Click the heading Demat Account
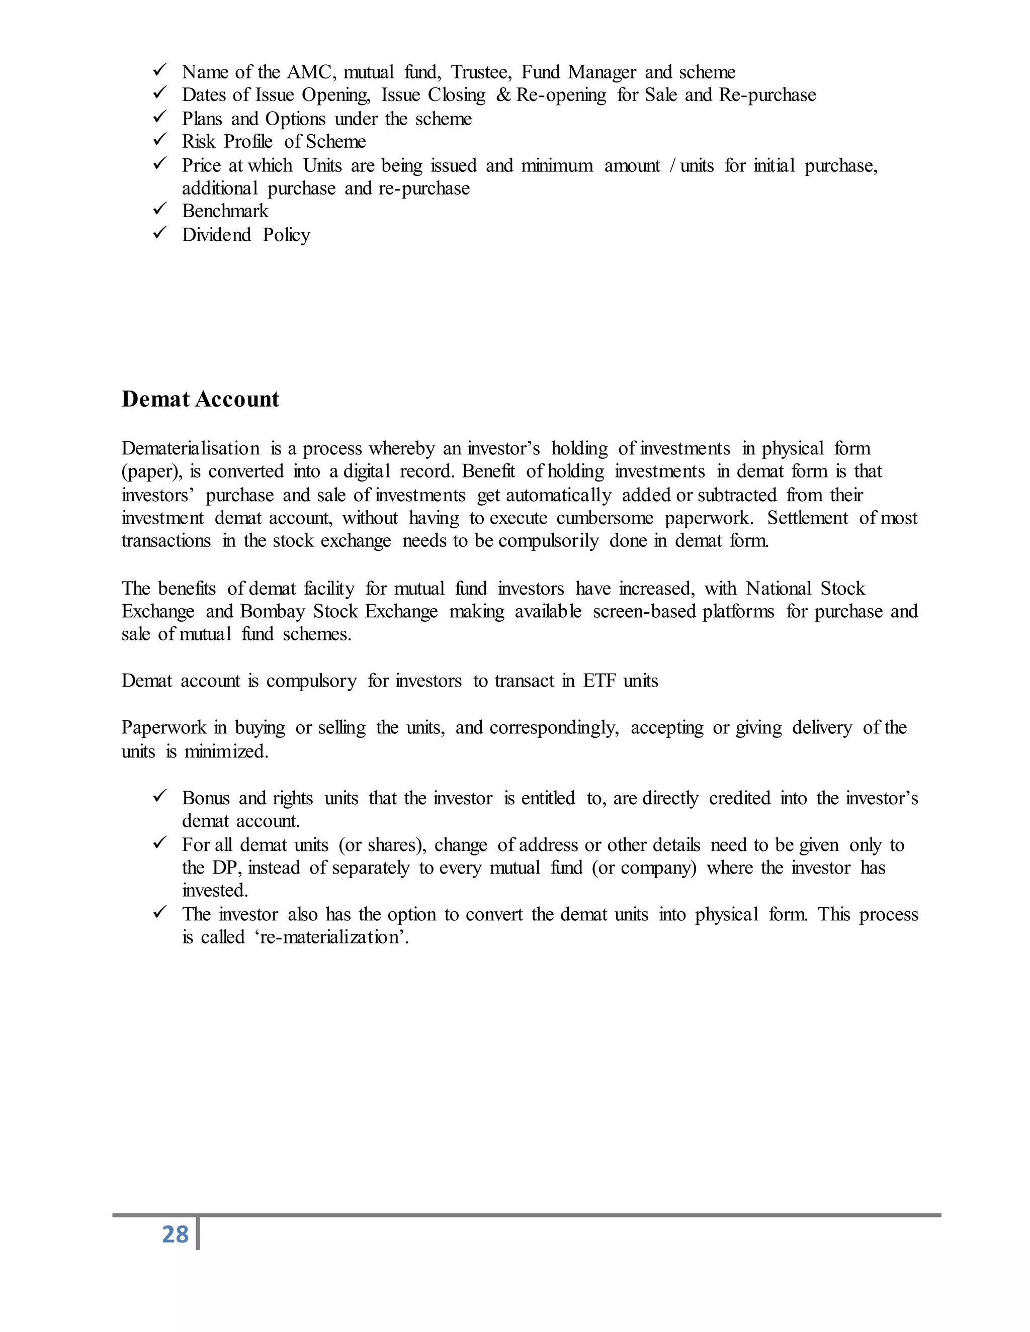click(x=200, y=399)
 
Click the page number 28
click(x=175, y=1234)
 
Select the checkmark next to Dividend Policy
click(x=160, y=233)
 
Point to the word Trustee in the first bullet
click(x=481, y=72)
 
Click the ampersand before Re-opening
click(x=503, y=95)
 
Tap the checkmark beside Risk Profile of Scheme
click(x=160, y=140)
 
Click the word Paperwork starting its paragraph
click(x=163, y=728)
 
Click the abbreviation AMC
click(x=311, y=72)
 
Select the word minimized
click(x=226, y=751)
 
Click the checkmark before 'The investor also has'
click(x=160, y=912)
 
